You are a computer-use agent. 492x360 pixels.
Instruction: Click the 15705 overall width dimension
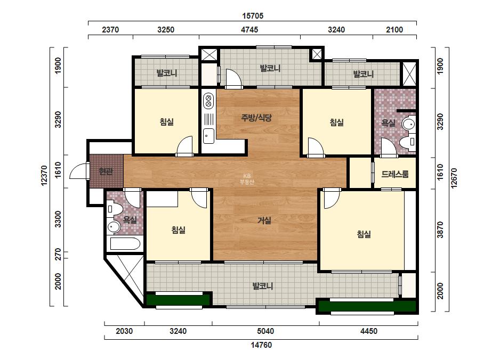[253, 15]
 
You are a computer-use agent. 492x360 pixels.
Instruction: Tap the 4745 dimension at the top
[249, 30]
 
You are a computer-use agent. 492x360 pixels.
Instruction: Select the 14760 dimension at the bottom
[261, 345]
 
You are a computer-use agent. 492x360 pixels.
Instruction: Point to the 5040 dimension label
[265, 331]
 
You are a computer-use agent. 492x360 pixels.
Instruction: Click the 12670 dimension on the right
[454, 178]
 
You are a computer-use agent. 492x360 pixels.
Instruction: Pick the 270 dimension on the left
[58, 255]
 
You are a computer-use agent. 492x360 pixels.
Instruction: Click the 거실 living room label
[264, 220]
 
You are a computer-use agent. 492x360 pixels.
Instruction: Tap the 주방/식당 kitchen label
[256, 118]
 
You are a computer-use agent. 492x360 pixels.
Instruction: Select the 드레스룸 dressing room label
[395, 174]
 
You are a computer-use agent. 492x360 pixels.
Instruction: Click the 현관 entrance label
[106, 171]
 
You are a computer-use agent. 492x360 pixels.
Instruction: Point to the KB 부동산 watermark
[246, 179]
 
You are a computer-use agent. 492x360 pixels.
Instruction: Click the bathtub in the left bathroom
[125, 244]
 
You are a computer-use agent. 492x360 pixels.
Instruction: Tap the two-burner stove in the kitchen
[208, 101]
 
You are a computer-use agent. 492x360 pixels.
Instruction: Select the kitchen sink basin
[208, 136]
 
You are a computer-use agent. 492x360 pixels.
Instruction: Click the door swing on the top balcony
[233, 78]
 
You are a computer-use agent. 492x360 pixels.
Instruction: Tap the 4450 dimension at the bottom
[369, 331]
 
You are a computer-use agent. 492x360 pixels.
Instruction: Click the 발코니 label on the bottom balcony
[263, 286]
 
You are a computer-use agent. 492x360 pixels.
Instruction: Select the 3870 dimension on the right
[440, 230]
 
